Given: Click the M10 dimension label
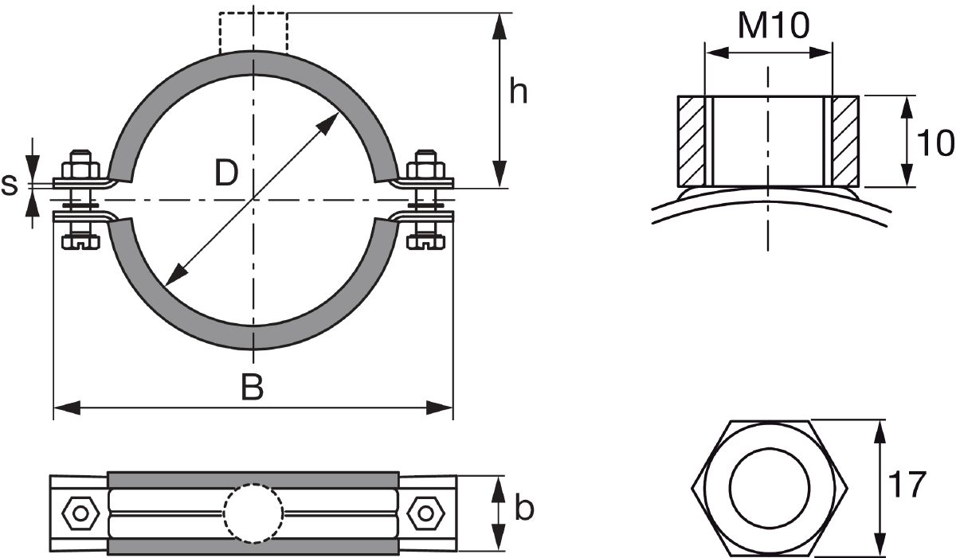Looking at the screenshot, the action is point(774,26).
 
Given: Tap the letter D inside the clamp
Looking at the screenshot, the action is point(226,173).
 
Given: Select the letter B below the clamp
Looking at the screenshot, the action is point(253,387).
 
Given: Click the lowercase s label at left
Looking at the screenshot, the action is point(10,185).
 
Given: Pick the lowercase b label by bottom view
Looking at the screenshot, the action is point(524,507).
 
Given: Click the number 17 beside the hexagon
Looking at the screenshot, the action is point(907,484).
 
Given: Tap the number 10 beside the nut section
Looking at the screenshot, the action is point(934,142).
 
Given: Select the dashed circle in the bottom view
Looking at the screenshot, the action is point(253,513).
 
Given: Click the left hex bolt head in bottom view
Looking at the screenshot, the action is point(80,513).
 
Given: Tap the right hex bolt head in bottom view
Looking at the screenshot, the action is point(425,513).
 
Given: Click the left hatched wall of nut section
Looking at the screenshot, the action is point(692,141).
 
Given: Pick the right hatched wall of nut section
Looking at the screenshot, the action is point(845,141).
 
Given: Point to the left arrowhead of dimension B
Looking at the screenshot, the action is point(67,408).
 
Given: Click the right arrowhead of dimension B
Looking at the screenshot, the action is point(440,408).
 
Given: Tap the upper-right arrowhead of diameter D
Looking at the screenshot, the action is point(328,123).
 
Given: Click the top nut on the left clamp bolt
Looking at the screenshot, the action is point(80,169).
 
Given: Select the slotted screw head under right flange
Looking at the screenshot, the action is point(425,242).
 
